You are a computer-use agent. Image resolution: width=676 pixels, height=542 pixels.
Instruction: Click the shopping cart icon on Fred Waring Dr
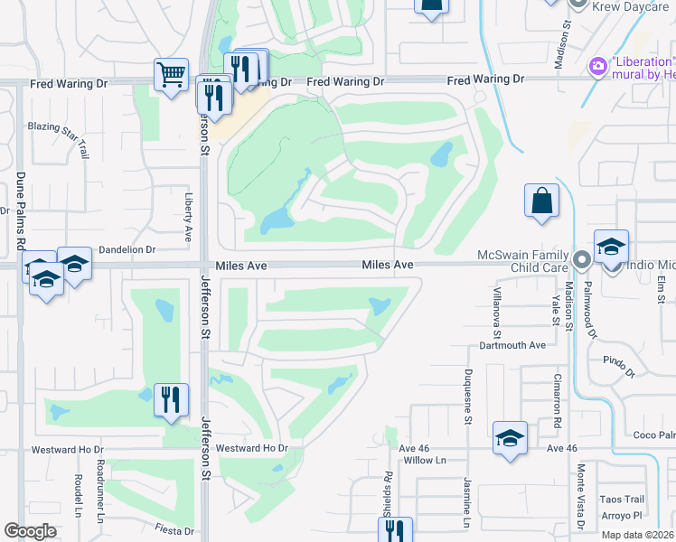tap(171, 74)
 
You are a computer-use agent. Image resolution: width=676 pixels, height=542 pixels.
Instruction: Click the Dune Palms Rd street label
tap(20, 209)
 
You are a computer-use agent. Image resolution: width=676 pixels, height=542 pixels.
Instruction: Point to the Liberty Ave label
tap(189, 217)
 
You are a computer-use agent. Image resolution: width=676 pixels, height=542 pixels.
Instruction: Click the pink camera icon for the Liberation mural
tap(596, 66)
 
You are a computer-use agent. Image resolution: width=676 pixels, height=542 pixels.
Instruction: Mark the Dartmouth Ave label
tap(512, 345)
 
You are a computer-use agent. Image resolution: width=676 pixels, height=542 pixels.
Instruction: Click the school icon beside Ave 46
tap(510, 439)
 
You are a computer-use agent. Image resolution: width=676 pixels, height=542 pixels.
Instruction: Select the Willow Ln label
tap(426, 461)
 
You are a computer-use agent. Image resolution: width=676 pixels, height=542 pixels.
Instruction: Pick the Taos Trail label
tap(622, 500)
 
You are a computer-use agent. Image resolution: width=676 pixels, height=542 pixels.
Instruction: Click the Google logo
tap(30, 530)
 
